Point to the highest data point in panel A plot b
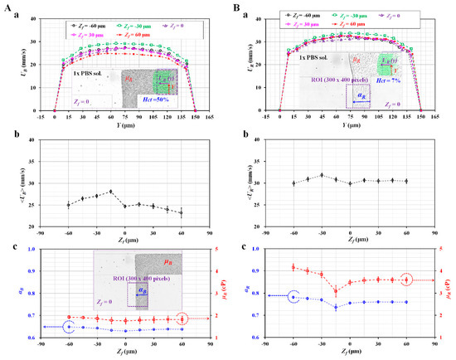click(110, 192)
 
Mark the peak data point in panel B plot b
click(322, 175)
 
